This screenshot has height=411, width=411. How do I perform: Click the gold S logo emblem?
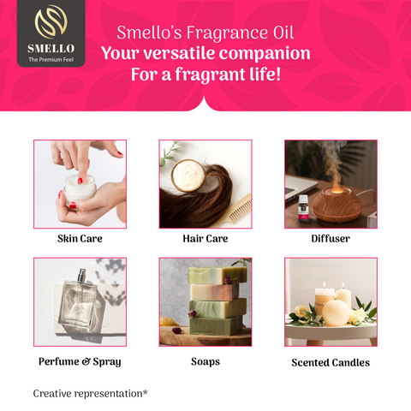coord(51,21)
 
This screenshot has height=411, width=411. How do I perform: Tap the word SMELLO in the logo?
coord(51,49)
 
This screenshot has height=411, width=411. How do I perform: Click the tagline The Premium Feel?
coord(51,60)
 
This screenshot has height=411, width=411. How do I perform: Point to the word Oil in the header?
coord(283,33)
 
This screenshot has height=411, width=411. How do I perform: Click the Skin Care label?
coord(80,239)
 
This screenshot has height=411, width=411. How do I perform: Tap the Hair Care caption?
coord(205,239)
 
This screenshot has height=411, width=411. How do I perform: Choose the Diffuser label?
coord(331,239)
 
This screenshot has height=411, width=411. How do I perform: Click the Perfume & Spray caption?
coord(80,362)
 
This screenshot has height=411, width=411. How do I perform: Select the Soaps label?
coord(205,361)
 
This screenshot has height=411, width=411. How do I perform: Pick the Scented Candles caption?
coord(331,362)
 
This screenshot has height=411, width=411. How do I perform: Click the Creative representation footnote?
coord(91,394)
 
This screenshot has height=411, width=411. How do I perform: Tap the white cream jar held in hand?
coord(80,188)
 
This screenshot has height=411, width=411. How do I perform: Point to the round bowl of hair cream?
coord(188,176)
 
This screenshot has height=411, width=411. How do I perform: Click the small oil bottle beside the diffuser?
coord(303,208)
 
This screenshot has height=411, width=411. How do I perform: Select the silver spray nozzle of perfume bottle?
coord(82,275)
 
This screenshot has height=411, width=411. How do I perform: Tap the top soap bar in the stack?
coord(217,275)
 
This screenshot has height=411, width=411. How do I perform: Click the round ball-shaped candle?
coord(336,313)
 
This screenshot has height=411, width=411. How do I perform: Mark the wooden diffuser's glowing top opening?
coord(337,191)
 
